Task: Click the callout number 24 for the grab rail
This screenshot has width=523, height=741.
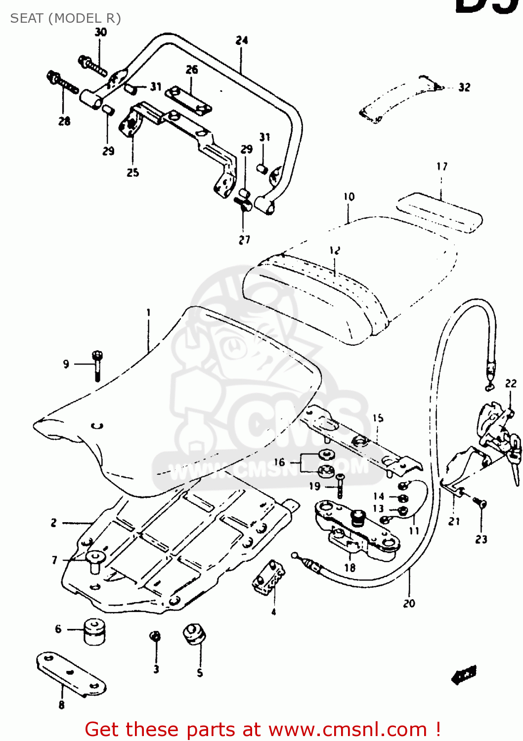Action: (242, 41)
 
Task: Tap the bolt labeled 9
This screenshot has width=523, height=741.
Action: (97, 366)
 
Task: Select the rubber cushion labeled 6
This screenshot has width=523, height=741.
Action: (94, 631)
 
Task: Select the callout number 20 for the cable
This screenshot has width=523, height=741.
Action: (409, 603)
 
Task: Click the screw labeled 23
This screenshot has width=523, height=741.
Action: (480, 503)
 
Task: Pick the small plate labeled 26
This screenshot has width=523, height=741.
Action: (188, 100)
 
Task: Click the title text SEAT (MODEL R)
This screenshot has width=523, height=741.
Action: (65, 18)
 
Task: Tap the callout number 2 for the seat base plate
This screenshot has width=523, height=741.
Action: (53, 523)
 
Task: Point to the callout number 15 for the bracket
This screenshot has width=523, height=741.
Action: (378, 418)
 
